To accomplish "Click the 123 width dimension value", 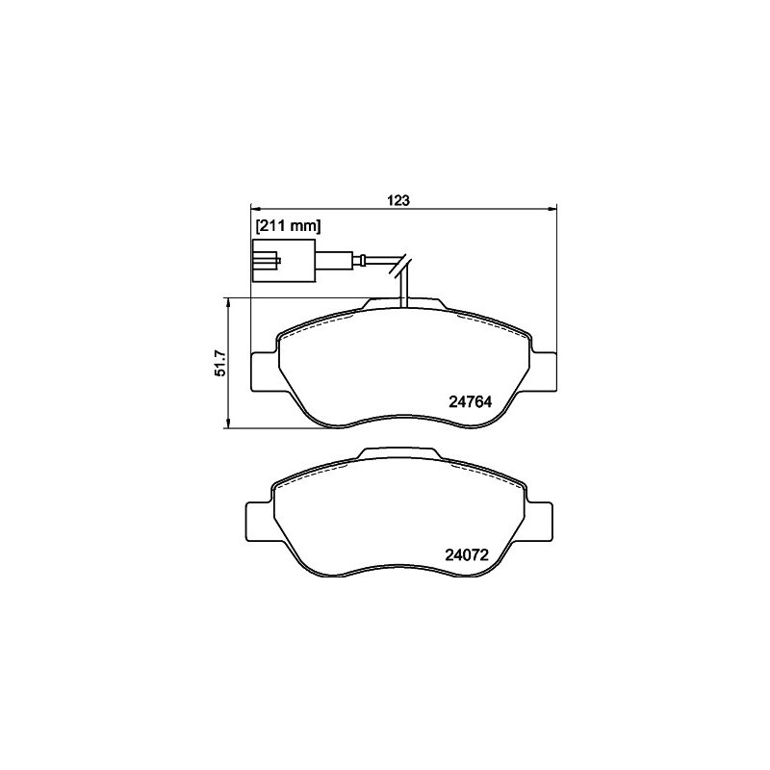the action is pyautogui.click(x=398, y=200).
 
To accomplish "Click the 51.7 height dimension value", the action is pyautogui.click(x=220, y=363).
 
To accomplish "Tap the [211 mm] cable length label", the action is pyautogui.click(x=288, y=226).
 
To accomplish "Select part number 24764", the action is pyautogui.click(x=470, y=401).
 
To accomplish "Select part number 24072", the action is pyautogui.click(x=467, y=555).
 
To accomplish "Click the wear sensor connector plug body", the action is pyautogui.click(x=284, y=261).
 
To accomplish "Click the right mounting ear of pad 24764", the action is pyautogui.click(x=544, y=372).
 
